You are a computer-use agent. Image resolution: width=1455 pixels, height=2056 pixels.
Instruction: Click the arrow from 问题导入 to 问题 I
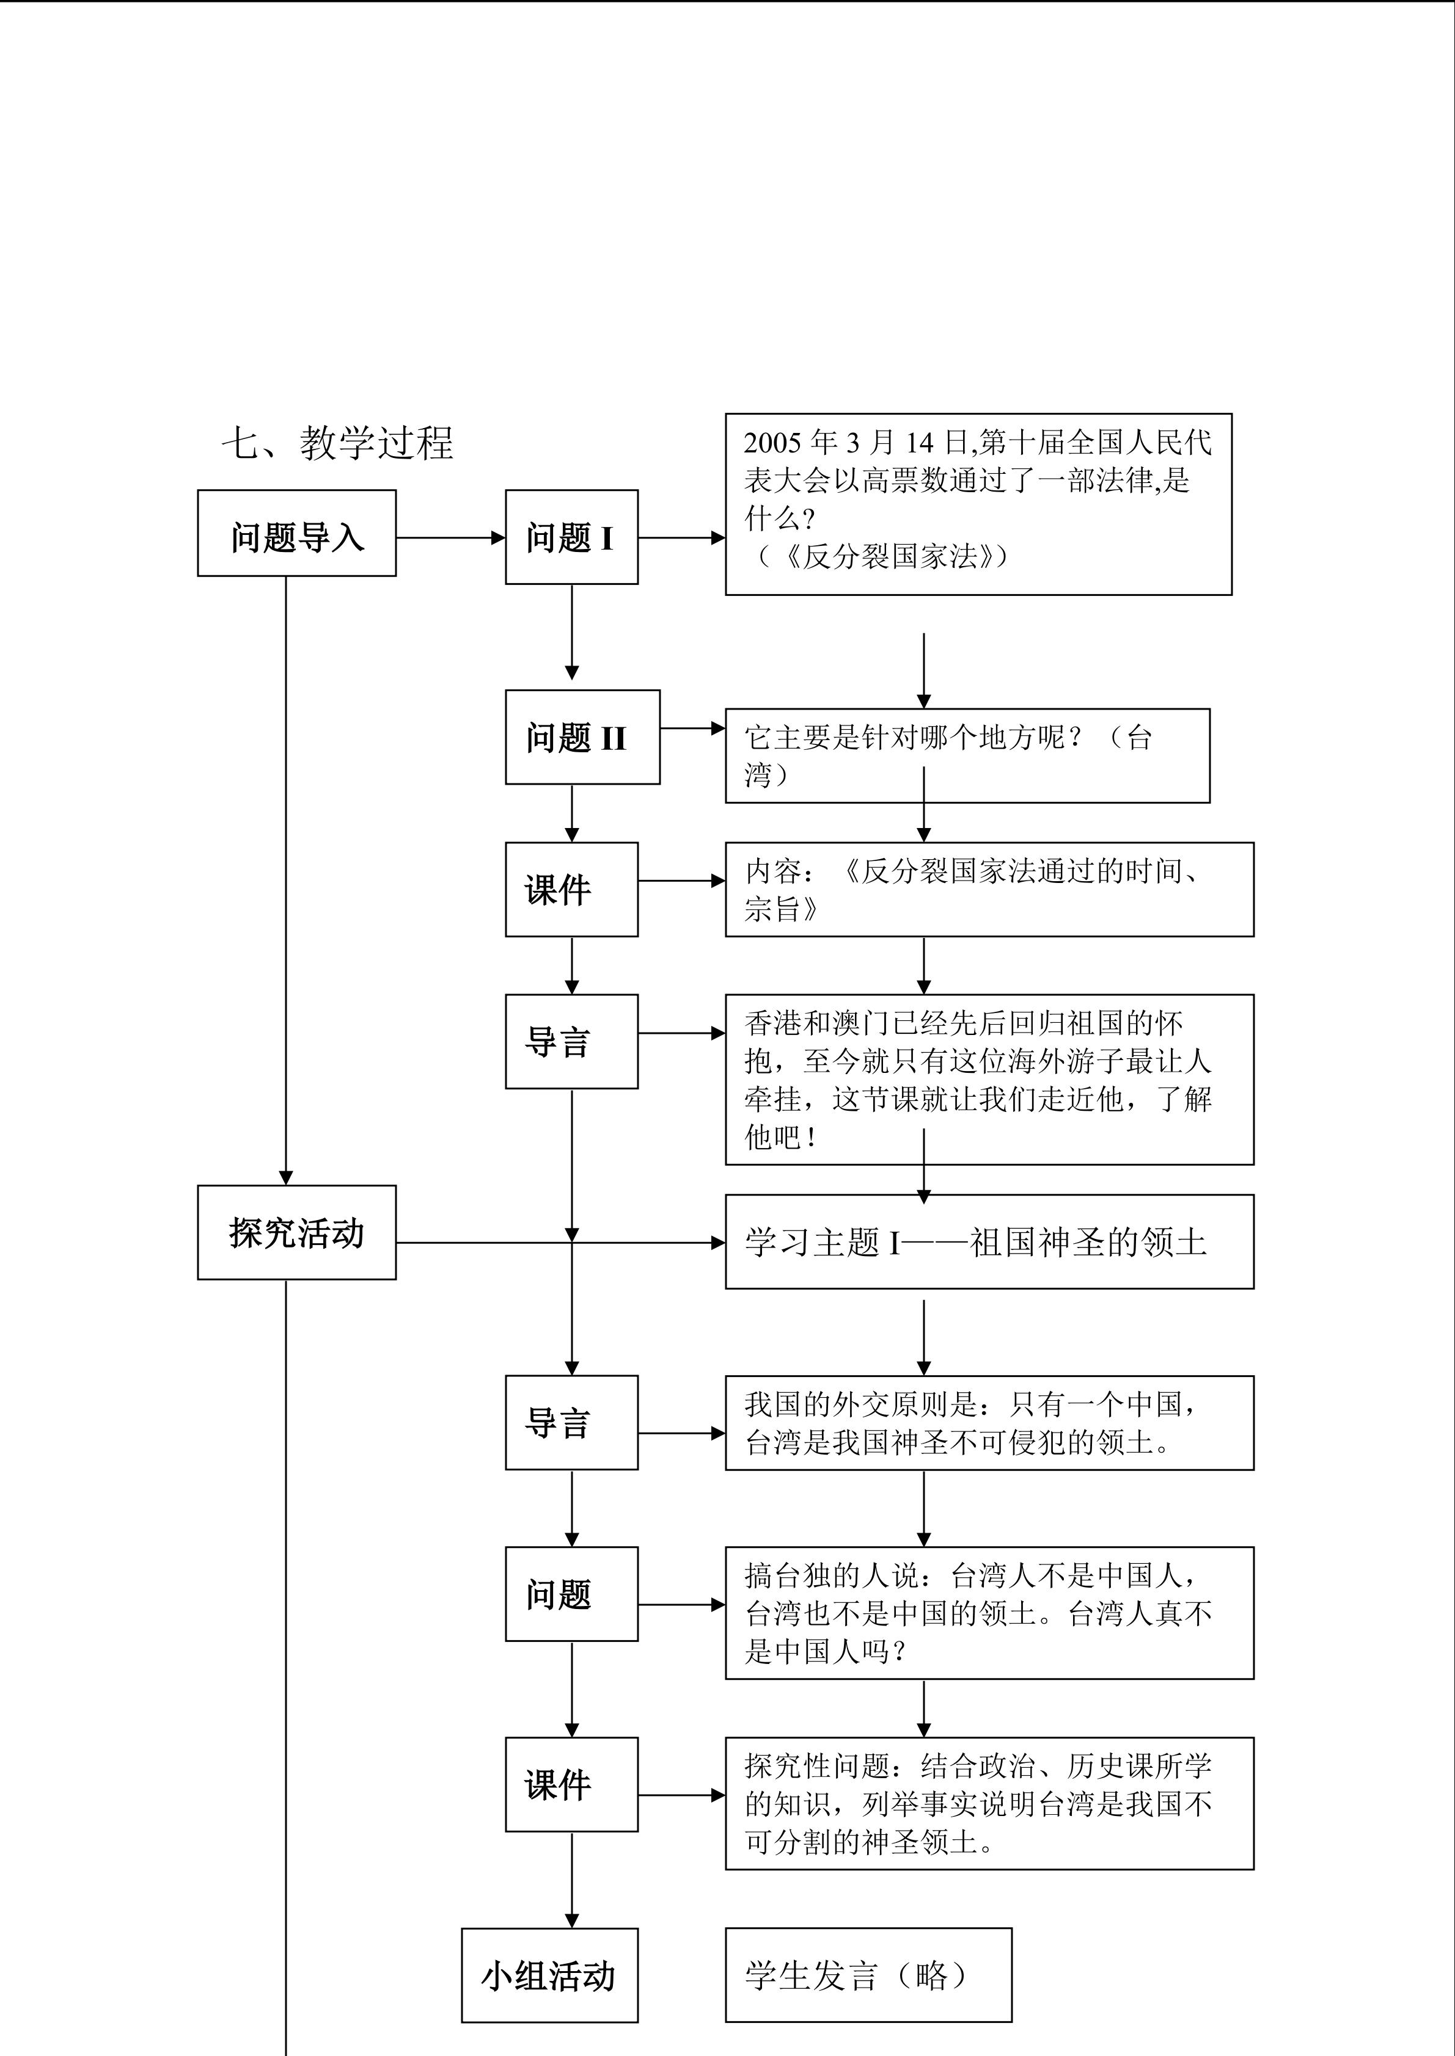point(450,538)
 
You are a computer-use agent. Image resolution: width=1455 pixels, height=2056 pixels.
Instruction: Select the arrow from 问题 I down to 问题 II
point(571,632)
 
